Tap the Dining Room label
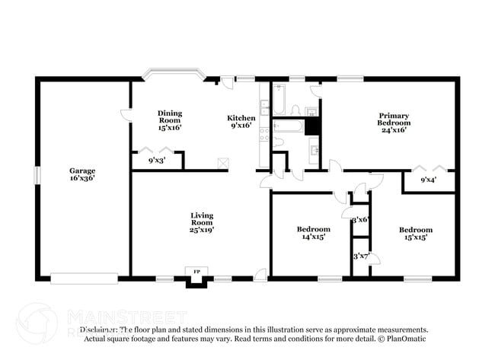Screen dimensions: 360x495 [x=170, y=120]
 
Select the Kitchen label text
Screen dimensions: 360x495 [x=241, y=122]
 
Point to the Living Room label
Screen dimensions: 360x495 [x=202, y=221]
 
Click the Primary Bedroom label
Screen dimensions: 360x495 [x=394, y=122]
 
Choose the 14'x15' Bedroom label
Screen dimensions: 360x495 [x=313, y=233]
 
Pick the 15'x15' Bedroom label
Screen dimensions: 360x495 [x=416, y=233]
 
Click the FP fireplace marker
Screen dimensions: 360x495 [x=196, y=272]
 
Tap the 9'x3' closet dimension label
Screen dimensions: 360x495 [x=156, y=161]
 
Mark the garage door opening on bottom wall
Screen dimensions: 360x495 [x=84, y=278]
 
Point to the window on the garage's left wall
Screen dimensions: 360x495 [x=36, y=174]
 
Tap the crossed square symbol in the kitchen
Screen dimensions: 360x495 [x=223, y=161]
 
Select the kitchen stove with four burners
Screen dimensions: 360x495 [x=263, y=135]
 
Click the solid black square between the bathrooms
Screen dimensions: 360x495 [x=312, y=126]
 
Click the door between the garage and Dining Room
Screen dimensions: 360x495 [x=127, y=115]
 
